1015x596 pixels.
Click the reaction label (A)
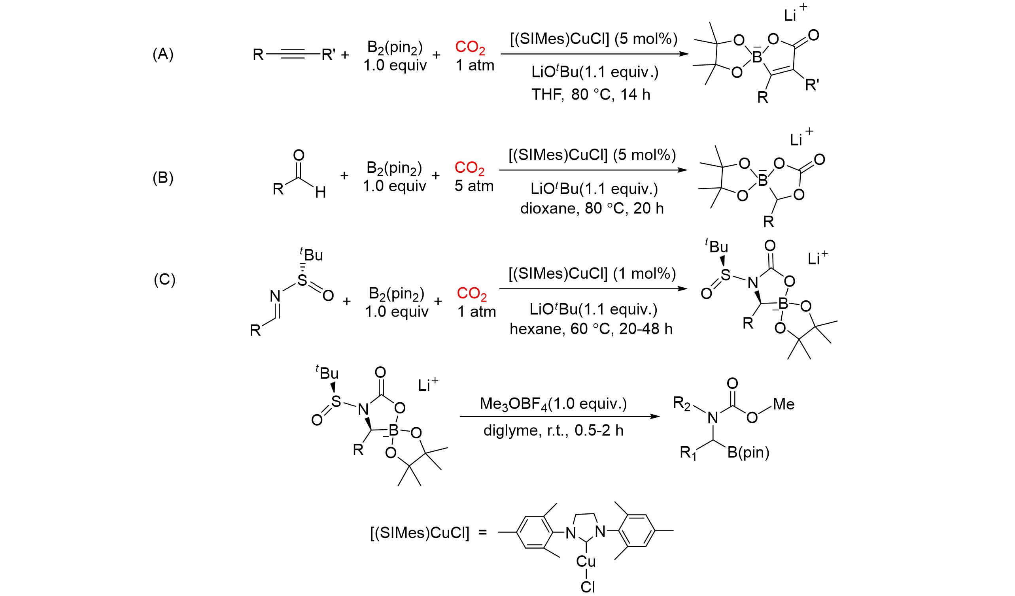163,54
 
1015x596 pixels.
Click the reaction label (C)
164,280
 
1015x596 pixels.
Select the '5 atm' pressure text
474,186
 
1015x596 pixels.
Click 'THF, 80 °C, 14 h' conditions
591,94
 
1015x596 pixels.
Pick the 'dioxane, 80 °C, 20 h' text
592,208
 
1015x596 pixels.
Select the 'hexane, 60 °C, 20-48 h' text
591,329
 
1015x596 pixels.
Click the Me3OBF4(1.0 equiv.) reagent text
554,404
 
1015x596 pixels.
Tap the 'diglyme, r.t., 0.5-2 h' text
554,430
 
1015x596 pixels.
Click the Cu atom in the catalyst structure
586,561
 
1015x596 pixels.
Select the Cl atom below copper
588,587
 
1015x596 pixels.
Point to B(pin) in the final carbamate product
748,453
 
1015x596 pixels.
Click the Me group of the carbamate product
784,404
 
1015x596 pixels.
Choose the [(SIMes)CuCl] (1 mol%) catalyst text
592,273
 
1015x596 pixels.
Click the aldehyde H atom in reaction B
320,193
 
